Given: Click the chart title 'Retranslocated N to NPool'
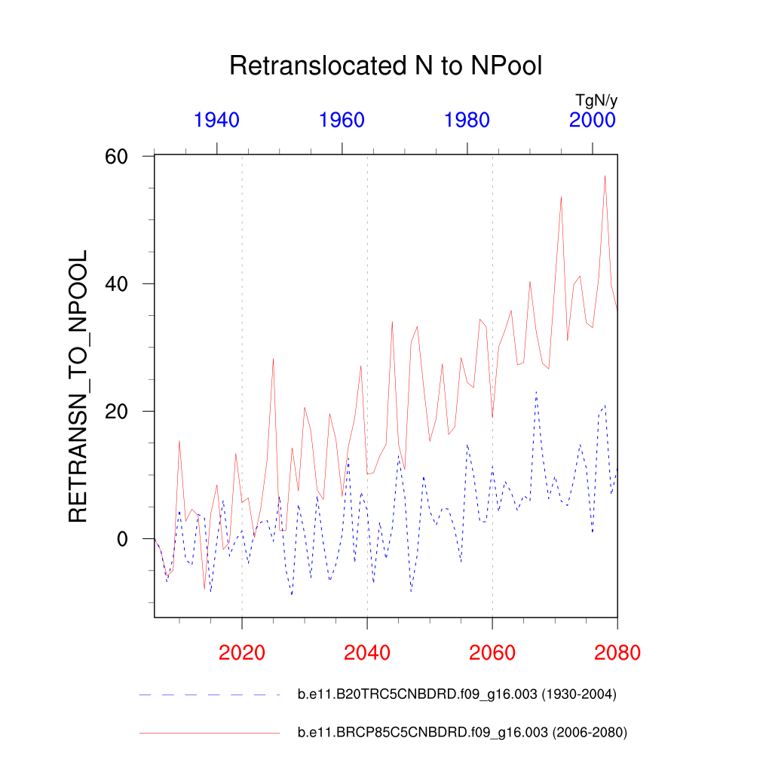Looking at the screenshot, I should click(x=385, y=66).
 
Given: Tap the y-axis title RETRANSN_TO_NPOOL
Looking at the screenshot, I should click(x=78, y=386).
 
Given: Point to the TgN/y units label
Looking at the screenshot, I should click(x=596, y=100).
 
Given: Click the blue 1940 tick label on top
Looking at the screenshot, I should click(x=216, y=120).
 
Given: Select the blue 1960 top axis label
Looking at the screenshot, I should click(x=342, y=120).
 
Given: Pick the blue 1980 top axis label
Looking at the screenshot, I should click(x=467, y=120).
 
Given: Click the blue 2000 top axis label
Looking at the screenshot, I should click(x=593, y=120).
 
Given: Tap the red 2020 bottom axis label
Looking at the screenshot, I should click(x=242, y=652).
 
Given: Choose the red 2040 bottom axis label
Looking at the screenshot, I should click(x=367, y=652).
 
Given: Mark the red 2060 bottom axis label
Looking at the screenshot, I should click(x=492, y=652).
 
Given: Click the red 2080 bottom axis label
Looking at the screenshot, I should click(x=617, y=652).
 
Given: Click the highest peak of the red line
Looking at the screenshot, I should click(x=605, y=176).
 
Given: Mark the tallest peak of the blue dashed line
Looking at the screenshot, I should click(x=536, y=391).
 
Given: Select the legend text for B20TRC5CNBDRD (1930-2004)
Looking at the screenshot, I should click(x=458, y=695).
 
